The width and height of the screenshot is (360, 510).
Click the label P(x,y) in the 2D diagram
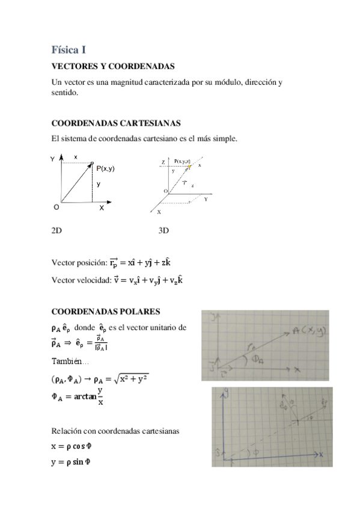point(105,168)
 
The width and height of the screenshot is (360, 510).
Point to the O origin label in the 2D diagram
point(56,207)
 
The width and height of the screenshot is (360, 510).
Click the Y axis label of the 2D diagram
point(52,158)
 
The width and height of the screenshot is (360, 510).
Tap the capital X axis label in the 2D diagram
point(102,207)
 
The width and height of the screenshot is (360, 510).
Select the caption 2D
point(57,230)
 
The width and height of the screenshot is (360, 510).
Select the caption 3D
point(163,230)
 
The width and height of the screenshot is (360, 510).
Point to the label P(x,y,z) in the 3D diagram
point(183,161)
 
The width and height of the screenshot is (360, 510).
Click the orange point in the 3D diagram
point(190,166)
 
